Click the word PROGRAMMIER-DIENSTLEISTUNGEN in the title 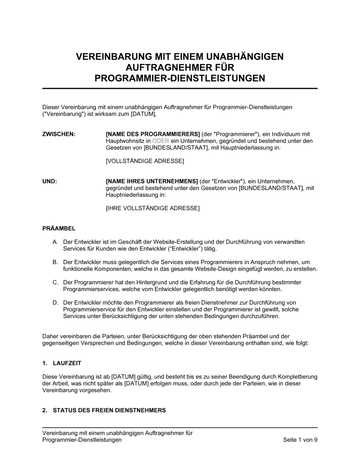[x=180, y=78]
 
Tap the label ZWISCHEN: [x=59, y=134]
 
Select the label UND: [x=50, y=181]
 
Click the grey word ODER [x=161, y=141]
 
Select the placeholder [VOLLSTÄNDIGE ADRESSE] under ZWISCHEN [x=145, y=161]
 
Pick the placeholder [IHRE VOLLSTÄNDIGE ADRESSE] [x=152, y=208]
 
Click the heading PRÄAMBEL [x=59, y=228]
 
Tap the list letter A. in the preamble [x=55, y=242]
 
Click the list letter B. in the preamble [x=55, y=262]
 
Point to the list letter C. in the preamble [x=55, y=282]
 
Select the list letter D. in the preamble [x=55, y=302]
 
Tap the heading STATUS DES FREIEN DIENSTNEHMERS [x=109, y=410]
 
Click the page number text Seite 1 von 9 [x=300, y=440]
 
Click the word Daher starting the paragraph [x=50, y=336]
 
